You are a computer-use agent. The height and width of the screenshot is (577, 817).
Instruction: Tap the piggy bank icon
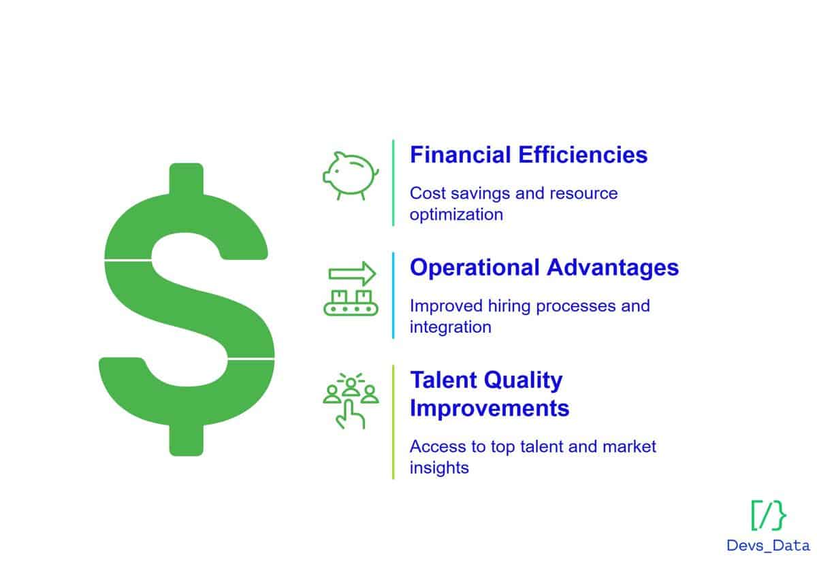pos(351,176)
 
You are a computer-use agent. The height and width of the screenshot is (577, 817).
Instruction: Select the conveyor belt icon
pos(351,303)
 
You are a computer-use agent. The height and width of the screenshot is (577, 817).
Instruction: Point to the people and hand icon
pos(351,401)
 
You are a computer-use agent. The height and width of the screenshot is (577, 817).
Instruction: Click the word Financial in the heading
pos(460,154)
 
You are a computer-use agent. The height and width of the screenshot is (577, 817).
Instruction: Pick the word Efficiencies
pos(583,154)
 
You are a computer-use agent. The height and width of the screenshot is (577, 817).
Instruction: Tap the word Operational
pos(475,268)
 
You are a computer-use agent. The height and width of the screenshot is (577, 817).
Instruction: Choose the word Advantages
pos(613,268)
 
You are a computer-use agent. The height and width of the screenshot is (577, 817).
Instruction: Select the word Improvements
pos(490,408)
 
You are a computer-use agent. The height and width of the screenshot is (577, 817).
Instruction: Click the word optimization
pos(456,214)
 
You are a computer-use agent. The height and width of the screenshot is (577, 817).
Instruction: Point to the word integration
pos(451,327)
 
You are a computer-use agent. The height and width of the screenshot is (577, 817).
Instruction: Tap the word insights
pos(439,467)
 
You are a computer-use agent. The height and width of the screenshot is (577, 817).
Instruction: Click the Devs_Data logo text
pos(768,546)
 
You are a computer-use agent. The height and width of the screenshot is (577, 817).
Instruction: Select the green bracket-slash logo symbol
pos(768,515)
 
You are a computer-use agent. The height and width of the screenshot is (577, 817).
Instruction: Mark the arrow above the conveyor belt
pos(352,274)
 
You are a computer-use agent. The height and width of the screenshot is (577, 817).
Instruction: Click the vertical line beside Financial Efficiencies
pos(394,183)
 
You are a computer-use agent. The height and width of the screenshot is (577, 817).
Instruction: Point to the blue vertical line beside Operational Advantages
pos(394,295)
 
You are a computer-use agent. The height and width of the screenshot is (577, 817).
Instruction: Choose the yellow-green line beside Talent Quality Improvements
pos(394,422)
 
